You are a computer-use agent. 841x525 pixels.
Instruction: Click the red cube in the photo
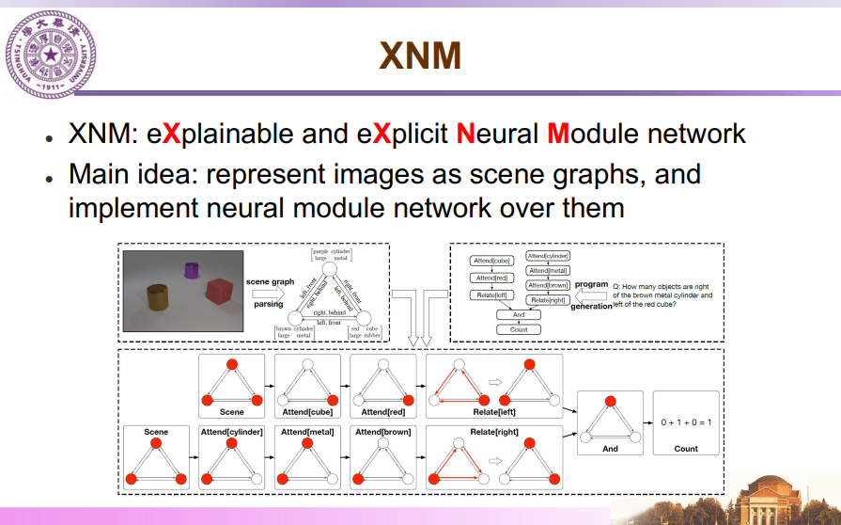tap(219, 290)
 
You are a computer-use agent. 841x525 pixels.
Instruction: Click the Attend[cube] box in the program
tap(491, 261)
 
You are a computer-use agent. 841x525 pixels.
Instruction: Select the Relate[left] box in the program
tap(491, 295)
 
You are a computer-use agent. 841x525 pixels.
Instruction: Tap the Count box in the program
tap(519, 329)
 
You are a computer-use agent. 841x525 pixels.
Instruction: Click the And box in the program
tap(519, 315)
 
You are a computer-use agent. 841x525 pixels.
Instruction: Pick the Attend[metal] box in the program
tap(549, 270)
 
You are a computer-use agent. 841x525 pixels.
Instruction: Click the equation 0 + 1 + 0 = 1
tap(685, 422)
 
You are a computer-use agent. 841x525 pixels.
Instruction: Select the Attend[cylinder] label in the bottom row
tap(231, 431)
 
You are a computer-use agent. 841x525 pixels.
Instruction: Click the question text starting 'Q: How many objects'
tap(662, 294)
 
